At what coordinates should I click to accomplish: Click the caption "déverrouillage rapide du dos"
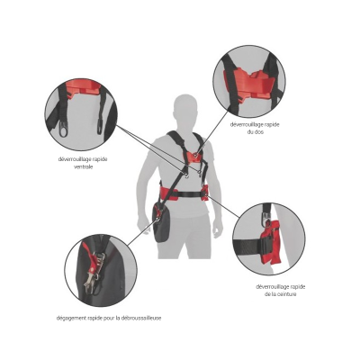point(255,128)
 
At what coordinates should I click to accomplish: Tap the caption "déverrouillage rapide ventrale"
point(83,163)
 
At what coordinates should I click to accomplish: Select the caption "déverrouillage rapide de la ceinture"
point(281,291)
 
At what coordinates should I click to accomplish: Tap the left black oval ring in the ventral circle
point(63,129)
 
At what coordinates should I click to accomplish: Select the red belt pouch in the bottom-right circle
point(271,242)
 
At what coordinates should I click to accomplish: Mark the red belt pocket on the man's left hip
point(206,192)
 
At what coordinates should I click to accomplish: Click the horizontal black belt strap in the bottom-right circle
point(248,245)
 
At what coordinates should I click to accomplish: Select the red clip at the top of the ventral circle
point(83,87)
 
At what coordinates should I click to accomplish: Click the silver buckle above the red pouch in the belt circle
point(265,216)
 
